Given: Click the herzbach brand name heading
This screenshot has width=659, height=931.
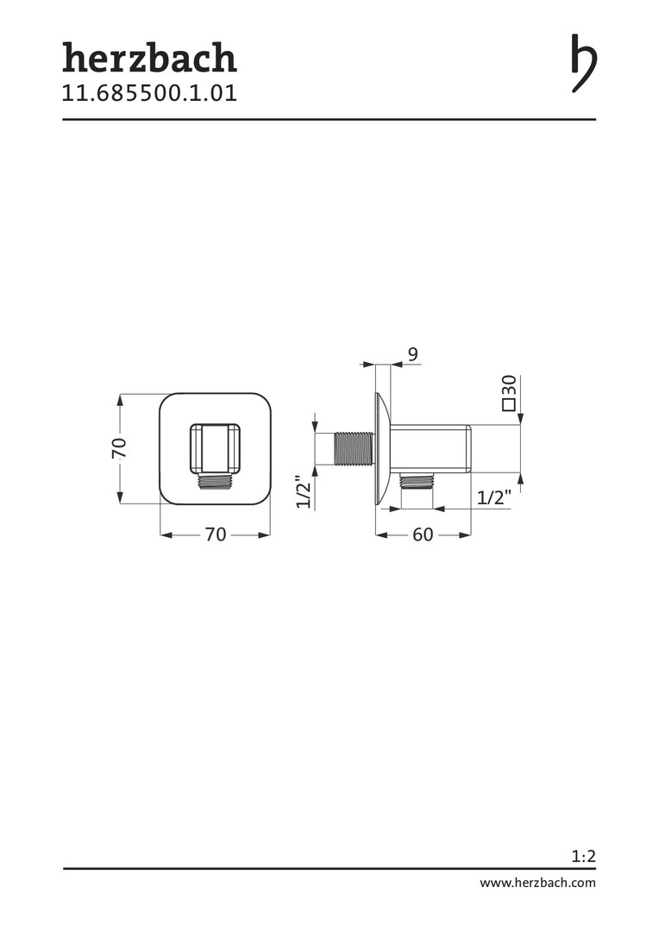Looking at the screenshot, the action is point(150,58).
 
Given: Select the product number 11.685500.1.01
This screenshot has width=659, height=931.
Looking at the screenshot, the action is point(150,93).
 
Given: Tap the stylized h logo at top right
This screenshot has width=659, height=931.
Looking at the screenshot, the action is point(584,63).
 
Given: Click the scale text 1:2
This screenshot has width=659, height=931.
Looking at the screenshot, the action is point(584,856).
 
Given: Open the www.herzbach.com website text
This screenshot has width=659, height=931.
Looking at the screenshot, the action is point(537,883).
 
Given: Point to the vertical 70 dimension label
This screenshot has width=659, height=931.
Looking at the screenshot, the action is point(119,448).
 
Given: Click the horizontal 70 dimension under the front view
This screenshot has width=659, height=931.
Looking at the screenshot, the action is point(216,535).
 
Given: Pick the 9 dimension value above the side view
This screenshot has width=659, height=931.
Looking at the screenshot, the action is point(413,354).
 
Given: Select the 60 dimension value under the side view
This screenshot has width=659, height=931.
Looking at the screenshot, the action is point(423,535).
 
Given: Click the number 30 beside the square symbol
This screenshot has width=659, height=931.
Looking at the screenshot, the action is point(509,385).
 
